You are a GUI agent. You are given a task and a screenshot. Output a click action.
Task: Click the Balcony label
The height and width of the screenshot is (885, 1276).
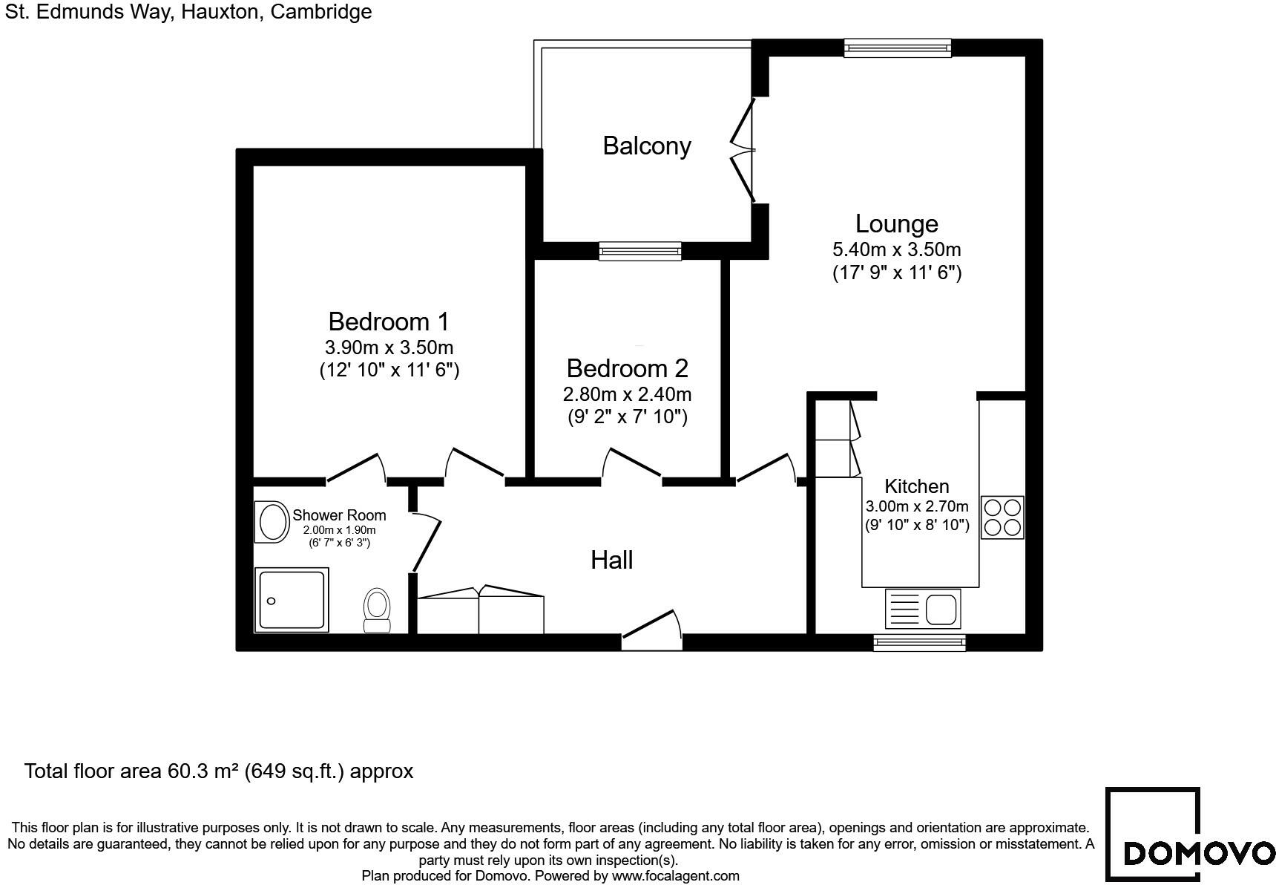pyautogui.click(x=646, y=146)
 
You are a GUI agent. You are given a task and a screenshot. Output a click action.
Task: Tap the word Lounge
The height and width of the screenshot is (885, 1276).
pyautogui.click(x=896, y=223)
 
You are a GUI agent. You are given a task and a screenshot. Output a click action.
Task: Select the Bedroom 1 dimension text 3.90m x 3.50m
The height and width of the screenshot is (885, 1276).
pyautogui.click(x=389, y=347)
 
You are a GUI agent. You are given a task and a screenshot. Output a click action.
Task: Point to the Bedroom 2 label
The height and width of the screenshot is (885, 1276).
pyautogui.click(x=627, y=368)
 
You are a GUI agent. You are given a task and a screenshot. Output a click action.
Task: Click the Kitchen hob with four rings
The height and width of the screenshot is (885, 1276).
pyautogui.click(x=1002, y=517)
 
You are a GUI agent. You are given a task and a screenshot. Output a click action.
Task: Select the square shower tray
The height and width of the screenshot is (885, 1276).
pyautogui.click(x=292, y=600)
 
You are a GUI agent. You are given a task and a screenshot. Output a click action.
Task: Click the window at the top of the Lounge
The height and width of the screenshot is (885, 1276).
pyautogui.click(x=898, y=48)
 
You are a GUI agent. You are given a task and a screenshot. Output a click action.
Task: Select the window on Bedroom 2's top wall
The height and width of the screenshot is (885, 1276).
pyautogui.click(x=640, y=252)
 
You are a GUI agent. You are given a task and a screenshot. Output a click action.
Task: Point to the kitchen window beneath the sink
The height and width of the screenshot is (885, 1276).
pyautogui.click(x=919, y=642)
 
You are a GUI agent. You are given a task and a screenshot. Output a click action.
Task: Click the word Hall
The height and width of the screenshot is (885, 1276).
pyautogui.click(x=611, y=560)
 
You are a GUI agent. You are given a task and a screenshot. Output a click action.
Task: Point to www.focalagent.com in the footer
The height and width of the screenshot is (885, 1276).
pyautogui.click(x=675, y=876)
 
